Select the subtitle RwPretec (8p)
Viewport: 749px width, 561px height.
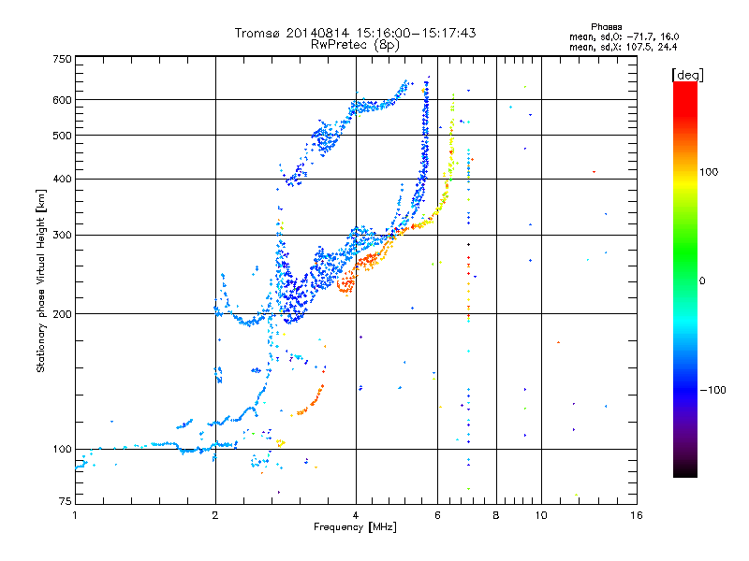click(355, 45)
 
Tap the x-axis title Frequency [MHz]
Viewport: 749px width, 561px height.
click(355, 527)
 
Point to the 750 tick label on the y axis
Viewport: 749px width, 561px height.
click(63, 59)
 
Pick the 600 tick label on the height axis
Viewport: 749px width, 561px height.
click(63, 100)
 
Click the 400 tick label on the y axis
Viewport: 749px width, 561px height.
click(63, 180)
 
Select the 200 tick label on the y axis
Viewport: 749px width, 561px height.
click(63, 314)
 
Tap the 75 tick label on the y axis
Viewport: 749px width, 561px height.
click(66, 501)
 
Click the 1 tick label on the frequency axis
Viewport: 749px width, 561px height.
click(75, 515)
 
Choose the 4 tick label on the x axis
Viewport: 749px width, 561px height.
click(356, 515)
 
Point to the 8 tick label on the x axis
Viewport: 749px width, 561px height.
click(496, 515)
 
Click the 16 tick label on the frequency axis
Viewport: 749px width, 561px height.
click(637, 515)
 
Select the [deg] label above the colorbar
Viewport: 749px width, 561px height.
click(688, 75)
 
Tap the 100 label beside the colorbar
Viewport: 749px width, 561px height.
click(709, 172)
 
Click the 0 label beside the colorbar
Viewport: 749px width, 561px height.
click(702, 281)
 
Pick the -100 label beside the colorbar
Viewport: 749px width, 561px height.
click(712, 390)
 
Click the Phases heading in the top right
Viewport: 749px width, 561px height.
click(607, 27)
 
